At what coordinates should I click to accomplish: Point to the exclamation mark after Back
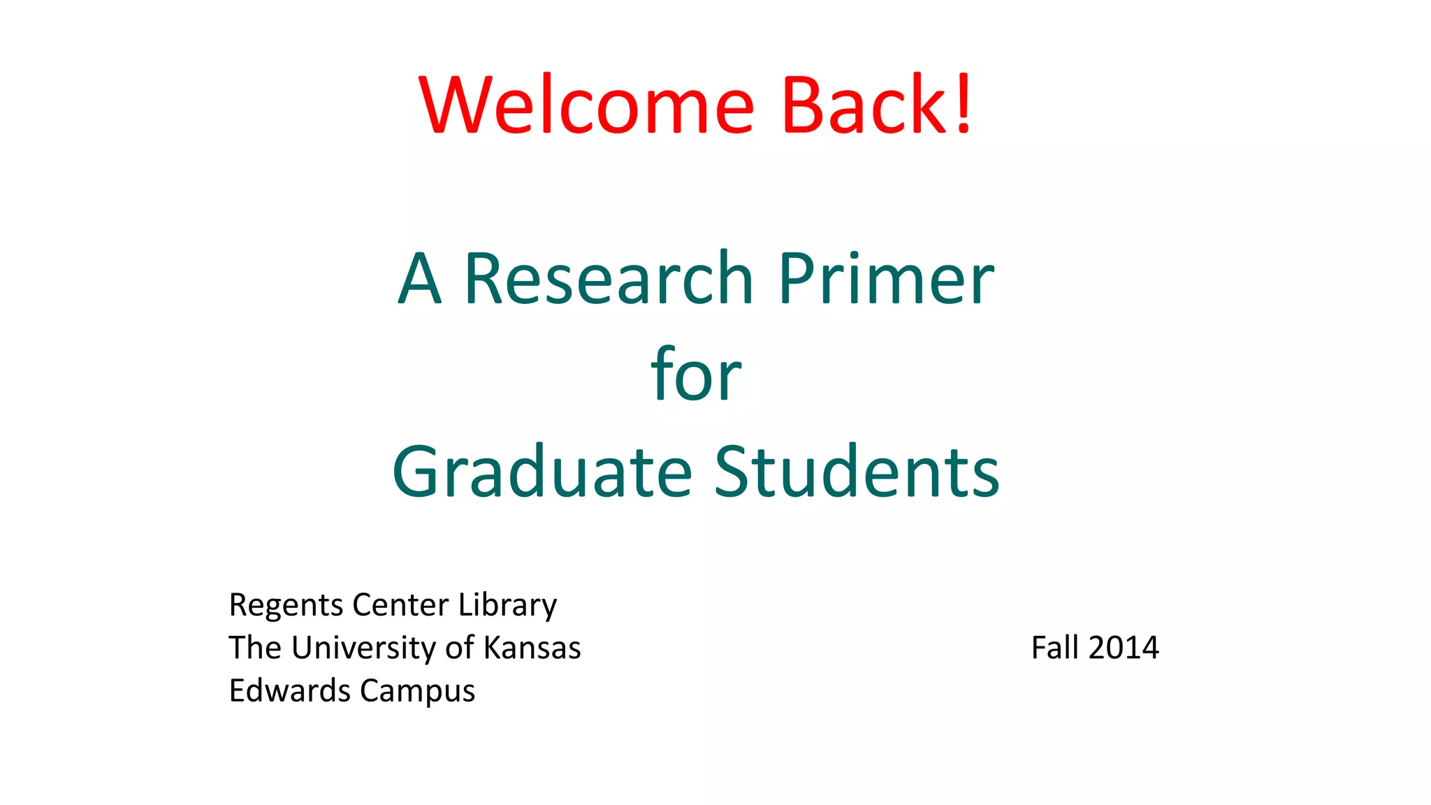click(x=964, y=105)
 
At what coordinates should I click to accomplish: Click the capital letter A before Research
click(x=420, y=280)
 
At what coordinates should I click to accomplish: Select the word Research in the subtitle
click(x=609, y=280)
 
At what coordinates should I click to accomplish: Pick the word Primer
click(x=886, y=280)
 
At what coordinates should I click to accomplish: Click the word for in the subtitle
click(x=696, y=375)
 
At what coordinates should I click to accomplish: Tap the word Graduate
click(x=543, y=472)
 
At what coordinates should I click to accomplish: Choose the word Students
click(x=857, y=472)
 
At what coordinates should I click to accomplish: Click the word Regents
click(x=286, y=605)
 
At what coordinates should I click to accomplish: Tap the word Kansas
click(x=532, y=648)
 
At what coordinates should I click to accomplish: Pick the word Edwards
click(x=290, y=690)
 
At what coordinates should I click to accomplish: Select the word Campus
click(x=418, y=692)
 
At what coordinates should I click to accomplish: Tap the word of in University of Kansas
click(x=460, y=648)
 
